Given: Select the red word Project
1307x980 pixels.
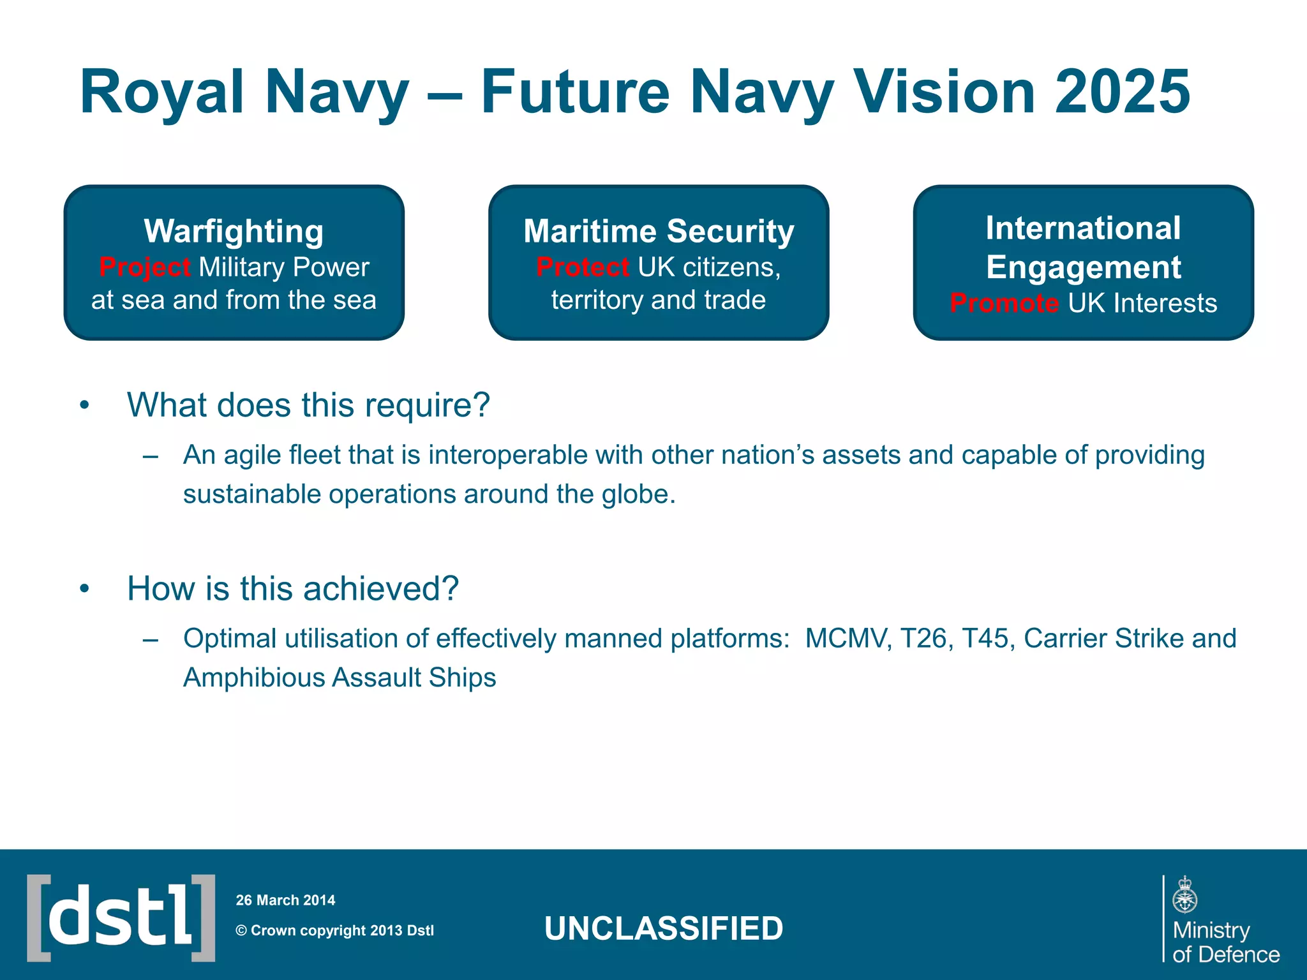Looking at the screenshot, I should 144,267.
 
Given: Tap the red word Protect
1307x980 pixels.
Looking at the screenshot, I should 583,267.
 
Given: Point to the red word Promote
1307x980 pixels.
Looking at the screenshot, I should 1004,303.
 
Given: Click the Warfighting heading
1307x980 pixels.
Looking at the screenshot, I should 234,231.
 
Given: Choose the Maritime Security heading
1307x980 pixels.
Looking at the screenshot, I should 659,231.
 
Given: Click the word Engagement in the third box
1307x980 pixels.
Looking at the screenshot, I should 1083,267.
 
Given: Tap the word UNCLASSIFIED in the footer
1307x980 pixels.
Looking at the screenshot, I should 664,928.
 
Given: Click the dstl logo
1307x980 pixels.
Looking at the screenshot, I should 121,918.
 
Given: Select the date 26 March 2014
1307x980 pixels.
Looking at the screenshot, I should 285,900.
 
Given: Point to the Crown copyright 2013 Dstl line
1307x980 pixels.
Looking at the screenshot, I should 335,930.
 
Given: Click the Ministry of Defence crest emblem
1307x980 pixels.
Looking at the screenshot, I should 1184,895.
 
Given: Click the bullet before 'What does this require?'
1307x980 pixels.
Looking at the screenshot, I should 84,406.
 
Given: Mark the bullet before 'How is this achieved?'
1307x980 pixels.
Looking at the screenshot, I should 84,589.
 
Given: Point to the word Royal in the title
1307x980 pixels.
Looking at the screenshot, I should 162,93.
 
